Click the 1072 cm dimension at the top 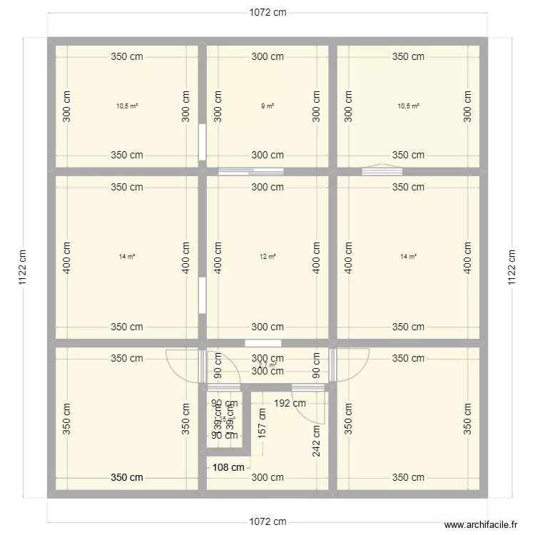[x=267, y=12]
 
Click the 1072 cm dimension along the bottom [x=267, y=521]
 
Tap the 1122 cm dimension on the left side [x=24, y=267]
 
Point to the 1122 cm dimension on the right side [x=511, y=267]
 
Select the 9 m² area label [x=267, y=106]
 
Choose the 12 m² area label [x=267, y=257]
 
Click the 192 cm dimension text [x=290, y=402]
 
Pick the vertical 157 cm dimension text [x=262, y=427]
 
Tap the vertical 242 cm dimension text [x=315, y=438]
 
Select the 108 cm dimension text [x=228, y=467]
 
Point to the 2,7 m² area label [x=267, y=365]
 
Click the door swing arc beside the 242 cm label [x=320, y=410]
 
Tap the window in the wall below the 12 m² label [x=258, y=343]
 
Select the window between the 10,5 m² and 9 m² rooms [x=203, y=141]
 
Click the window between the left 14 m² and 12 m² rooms [x=203, y=295]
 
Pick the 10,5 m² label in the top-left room [x=127, y=106]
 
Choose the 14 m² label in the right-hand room [x=408, y=257]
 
